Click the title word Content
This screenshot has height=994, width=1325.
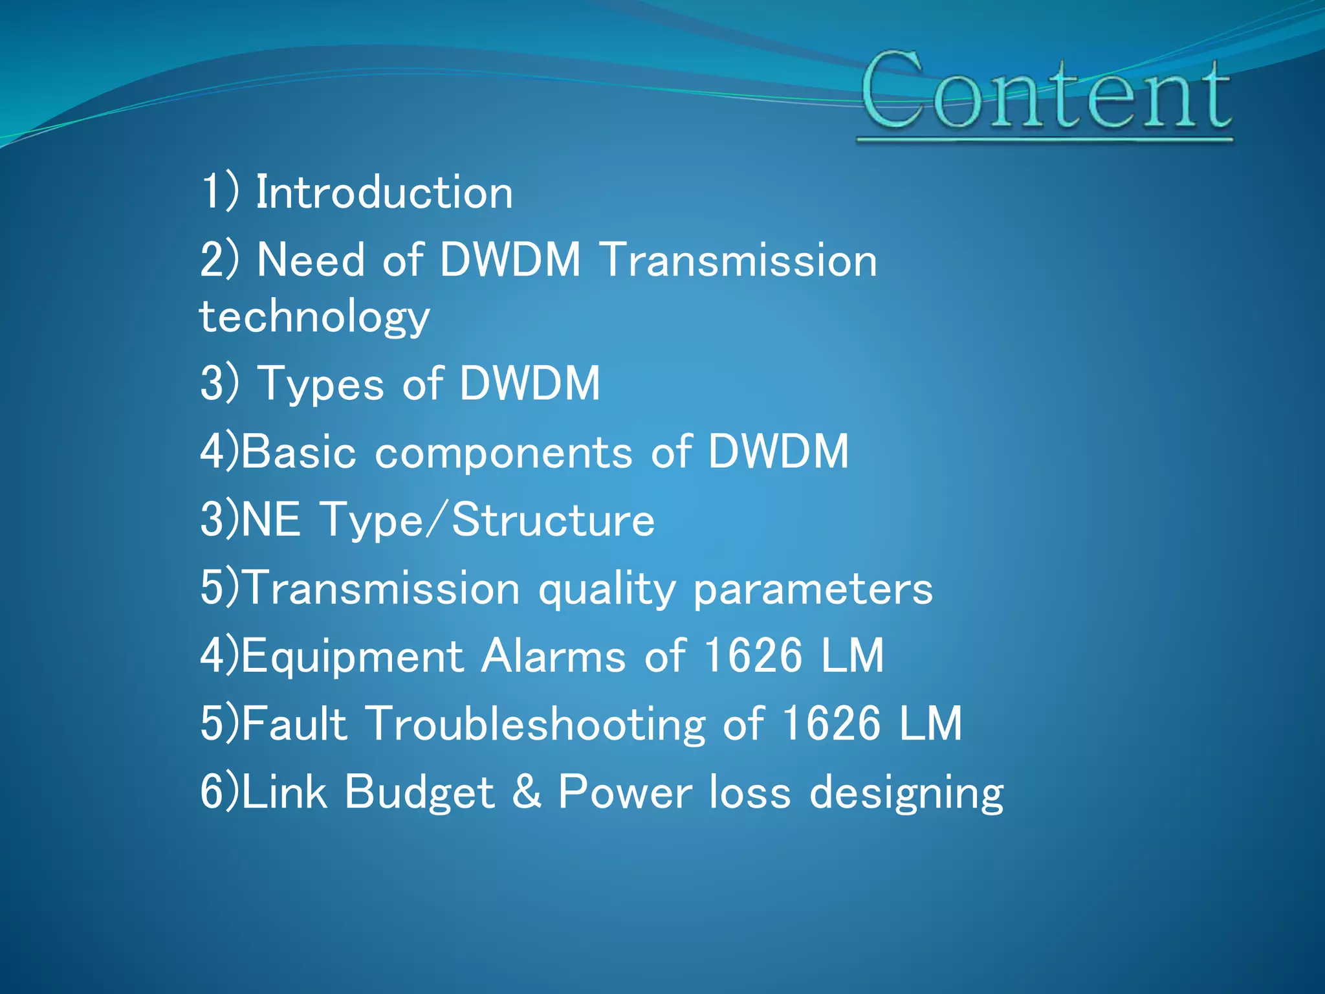(x=1046, y=92)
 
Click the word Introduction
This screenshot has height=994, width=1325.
(x=384, y=193)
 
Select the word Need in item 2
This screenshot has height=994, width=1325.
(x=311, y=260)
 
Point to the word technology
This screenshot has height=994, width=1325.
(x=314, y=317)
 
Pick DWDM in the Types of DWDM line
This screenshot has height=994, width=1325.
(x=530, y=383)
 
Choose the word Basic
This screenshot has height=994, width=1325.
(x=299, y=452)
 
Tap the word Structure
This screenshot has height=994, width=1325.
(x=553, y=520)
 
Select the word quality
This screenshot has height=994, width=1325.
(x=607, y=590)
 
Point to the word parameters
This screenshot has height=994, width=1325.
(x=813, y=590)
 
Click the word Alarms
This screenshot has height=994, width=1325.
(x=554, y=656)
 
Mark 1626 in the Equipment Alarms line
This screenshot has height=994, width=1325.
(x=752, y=656)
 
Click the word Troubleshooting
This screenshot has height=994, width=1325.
(x=536, y=723)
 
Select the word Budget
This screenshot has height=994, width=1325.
(x=419, y=792)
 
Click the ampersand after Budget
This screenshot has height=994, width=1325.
(x=527, y=792)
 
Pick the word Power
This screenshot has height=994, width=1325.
(x=625, y=792)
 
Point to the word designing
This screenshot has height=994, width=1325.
(x=906, y=793)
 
